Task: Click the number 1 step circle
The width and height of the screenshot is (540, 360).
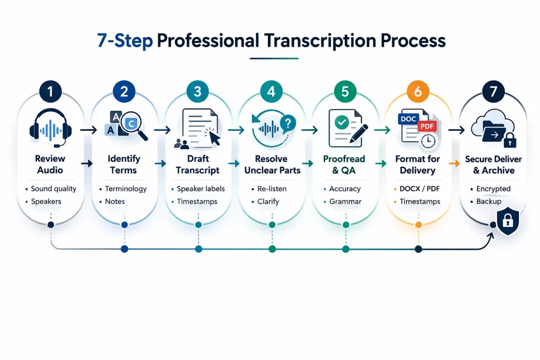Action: click(50, 91)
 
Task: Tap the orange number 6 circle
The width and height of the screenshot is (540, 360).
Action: click(418, 91)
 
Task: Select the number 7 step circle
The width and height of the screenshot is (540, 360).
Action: click(493, 91)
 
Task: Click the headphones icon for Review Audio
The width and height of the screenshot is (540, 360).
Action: click(50, 129)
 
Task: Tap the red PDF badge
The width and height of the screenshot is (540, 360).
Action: click(427, 127)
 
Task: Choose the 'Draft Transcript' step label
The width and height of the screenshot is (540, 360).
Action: click(198, 164)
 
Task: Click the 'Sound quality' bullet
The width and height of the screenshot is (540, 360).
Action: click(53, 189)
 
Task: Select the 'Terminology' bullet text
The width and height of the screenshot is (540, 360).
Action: click(126, 189)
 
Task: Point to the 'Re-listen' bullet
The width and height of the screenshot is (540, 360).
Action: click(272, 189)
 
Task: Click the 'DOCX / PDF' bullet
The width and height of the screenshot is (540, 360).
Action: click(421, 189)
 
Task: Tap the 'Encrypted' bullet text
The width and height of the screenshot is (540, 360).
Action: click(493, 189)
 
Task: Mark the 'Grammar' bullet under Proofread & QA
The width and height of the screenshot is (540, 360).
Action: click(345, 202)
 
